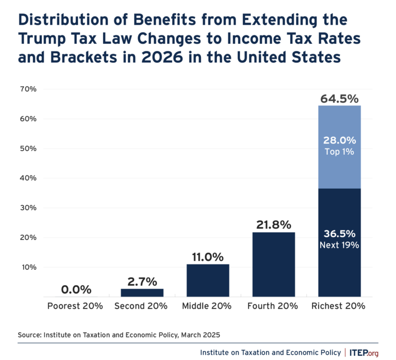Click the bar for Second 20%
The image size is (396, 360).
click(142, 292)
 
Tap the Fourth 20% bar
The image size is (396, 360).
click(273, 264)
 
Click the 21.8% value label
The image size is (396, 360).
click(273, 225)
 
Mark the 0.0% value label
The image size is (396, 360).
click(76, 289)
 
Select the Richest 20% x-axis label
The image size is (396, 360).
click(339, 306)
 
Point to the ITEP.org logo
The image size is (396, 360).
click(365, 352)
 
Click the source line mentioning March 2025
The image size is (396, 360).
click(119, 335)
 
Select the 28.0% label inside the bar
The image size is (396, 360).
click(339, 141)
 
